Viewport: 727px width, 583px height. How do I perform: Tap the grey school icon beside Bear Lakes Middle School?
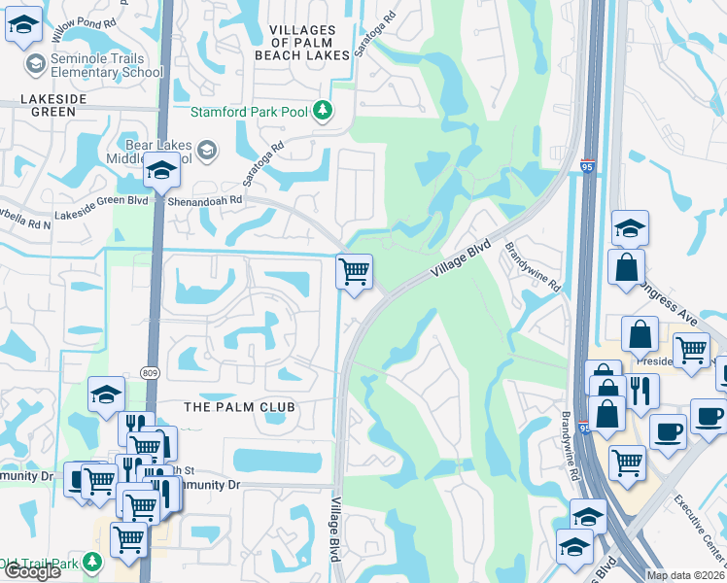[x=206, y=149]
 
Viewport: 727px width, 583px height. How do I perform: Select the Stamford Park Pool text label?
[x=249, y=112]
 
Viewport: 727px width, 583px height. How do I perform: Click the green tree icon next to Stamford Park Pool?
[x=323, y=111]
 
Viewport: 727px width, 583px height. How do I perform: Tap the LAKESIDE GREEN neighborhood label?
[x=45, y=105]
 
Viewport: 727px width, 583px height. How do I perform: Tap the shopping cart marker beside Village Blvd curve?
[x=354, y=271]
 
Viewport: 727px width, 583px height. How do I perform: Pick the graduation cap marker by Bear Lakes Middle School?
[x=161, y=172]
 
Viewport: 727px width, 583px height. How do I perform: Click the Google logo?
[x=31, y=571]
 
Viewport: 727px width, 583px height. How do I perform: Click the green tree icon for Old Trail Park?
[x=91, y=562]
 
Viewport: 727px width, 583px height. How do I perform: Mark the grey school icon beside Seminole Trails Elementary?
[x=36, y=64]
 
